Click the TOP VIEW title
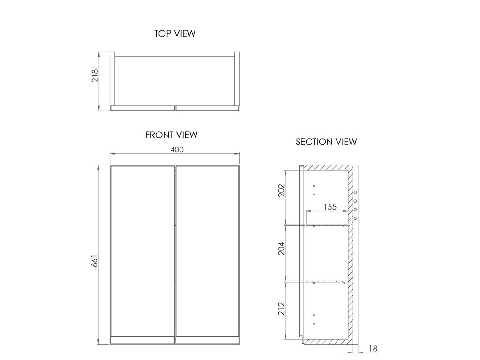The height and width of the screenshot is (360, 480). [175, 33]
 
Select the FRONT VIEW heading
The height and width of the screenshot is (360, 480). [172, 135]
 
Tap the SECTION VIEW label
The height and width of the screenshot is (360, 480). [326, 142]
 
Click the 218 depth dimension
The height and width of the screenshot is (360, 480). [95, 75]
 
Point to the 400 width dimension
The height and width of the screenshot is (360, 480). [177, 150]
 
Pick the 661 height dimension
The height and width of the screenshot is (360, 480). [95, 261]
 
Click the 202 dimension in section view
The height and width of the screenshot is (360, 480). [281, 190]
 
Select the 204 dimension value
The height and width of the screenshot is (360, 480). [281, 248]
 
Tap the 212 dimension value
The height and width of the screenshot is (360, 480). [281, 308]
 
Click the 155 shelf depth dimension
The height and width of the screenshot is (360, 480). [330, 207]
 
